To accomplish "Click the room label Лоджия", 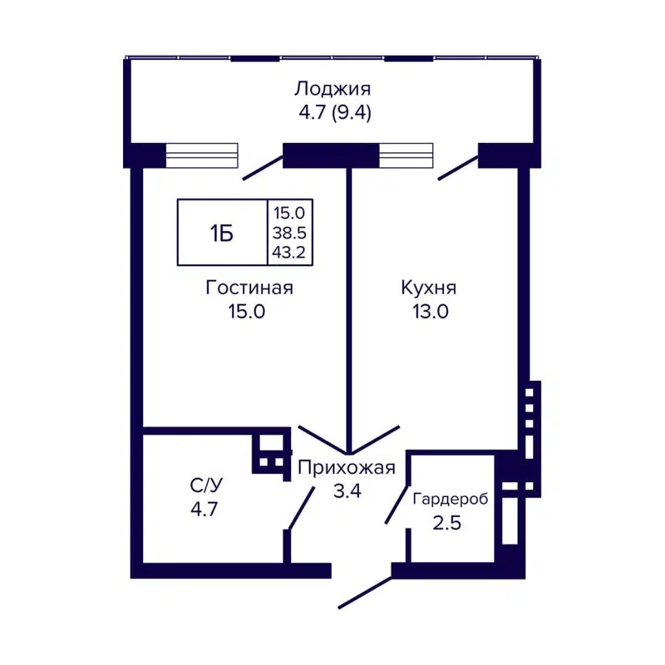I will tap(332, 88).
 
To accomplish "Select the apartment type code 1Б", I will tap(221, 234).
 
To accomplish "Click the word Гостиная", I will tap(249, 288).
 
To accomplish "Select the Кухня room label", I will tap(429, 288).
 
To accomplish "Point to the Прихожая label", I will tap(346, 467).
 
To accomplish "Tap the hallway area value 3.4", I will tap(346, 490).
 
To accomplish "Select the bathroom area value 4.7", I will tap(204, 509).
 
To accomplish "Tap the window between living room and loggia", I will tap(202, 155).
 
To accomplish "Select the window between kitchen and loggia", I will tap(406, 155).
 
